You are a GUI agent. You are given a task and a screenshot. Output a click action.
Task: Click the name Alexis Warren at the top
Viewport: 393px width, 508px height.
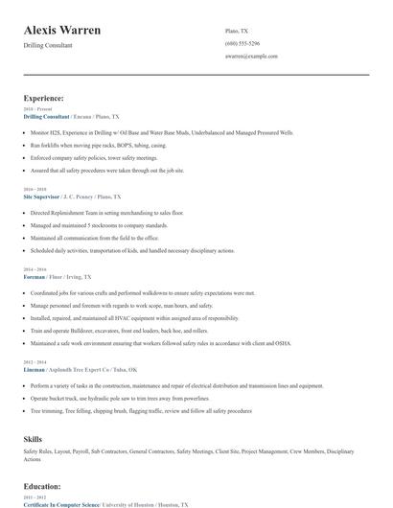tap(62, 31)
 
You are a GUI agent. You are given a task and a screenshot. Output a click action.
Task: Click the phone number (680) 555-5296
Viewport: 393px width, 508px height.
tap(243, 44)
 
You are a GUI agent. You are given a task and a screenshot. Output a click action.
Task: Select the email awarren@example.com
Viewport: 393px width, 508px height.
tap(251, 57)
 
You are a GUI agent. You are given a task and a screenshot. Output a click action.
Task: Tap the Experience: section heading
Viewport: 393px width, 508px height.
tap(44, 98)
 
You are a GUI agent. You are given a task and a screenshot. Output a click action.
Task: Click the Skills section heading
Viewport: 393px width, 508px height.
tap(33, 437)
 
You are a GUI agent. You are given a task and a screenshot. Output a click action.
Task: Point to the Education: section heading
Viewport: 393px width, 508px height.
tap(42, 486)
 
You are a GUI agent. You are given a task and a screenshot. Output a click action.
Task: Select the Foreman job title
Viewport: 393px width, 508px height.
tap(34, 276)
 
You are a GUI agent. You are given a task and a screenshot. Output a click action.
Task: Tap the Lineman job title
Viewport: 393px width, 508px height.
tap(34, 369)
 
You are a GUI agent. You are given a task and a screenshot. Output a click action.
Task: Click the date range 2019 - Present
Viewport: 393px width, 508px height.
tap(38, 109)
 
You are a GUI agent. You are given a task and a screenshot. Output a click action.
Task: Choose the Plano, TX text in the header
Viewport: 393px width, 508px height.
tap(238, 30)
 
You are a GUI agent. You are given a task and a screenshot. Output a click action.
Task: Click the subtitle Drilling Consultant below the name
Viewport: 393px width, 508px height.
tap(48, 45)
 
